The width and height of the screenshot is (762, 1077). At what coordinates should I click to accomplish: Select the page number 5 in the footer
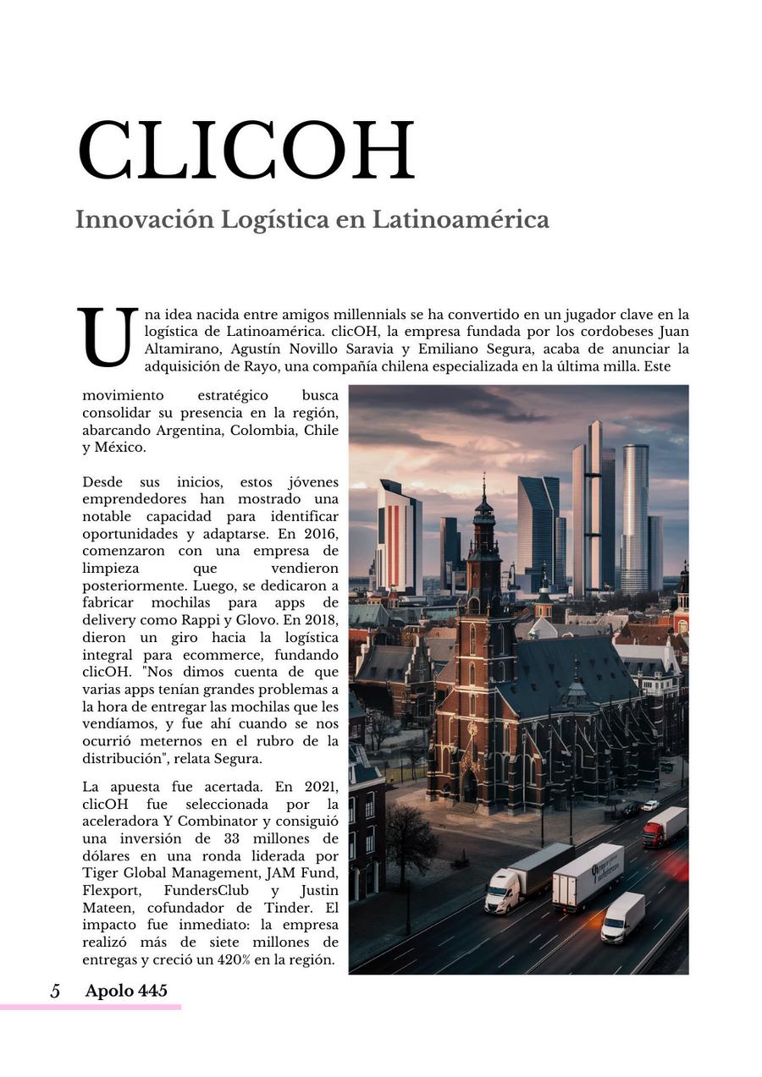[55, 991]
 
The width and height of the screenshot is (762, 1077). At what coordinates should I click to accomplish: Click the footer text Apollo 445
[126, 991]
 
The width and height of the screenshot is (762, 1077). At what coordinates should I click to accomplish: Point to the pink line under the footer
[91, 1007]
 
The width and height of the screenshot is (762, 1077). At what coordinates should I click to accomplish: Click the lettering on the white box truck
[606, 870]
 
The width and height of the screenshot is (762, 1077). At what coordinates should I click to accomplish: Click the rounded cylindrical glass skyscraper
[634, 516]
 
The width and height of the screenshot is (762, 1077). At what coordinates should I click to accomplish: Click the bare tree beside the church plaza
[409, 838]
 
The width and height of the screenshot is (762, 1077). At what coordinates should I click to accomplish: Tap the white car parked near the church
[649, 805]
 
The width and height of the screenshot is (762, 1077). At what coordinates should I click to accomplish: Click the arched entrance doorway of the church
[469, 789]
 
